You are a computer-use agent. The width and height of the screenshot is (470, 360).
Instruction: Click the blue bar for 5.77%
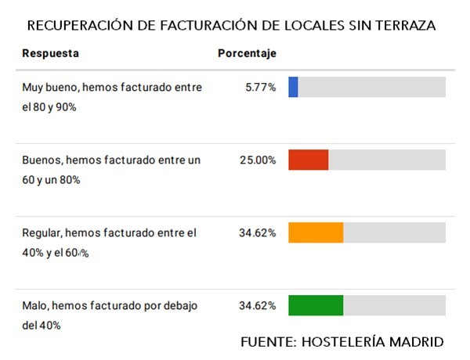pyautogui.click(x=293, y=87)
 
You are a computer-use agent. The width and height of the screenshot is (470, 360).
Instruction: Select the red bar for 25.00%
pyautogui.click(x=308, y=160)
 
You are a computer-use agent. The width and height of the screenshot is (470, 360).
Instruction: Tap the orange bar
pyautogui.click(x=316, y=232)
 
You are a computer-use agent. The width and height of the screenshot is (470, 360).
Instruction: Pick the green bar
pyautogui.click(x=316, y=305)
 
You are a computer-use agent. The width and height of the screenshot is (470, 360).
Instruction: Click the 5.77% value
pyautogui.click(x=260, y=88)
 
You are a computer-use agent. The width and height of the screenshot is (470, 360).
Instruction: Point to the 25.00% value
pyautogui.click(x=258, y=160)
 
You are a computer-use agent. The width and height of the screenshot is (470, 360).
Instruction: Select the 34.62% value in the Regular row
pyautogui.click(x=258, y=232)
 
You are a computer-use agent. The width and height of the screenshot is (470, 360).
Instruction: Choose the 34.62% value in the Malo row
pyautogui.click(x=258, y=305)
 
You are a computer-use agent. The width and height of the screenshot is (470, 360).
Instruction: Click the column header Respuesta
pyautogui.click(x=50, y=53)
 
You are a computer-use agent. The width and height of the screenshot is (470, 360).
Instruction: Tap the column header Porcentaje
pyautogui.click(x=247, y=53)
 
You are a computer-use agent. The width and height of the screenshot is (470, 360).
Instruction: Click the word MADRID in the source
pyautogui.click(x=415, y=342)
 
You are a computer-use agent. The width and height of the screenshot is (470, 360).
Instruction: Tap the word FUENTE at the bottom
pyautogui.click(x=267, y=342)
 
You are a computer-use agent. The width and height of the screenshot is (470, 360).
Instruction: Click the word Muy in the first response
pyautogui.click(x=33, y=88)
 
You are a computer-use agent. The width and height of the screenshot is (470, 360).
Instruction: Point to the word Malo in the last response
pyautogui.click(x=35, y=305)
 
